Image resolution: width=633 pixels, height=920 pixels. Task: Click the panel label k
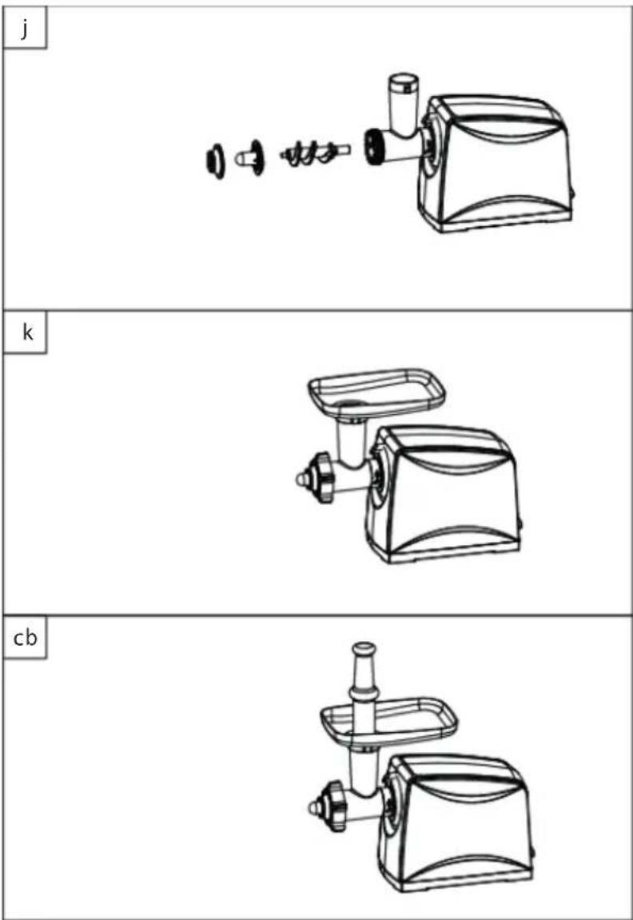(27, 333)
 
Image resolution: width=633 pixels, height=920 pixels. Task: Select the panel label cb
(26, 638)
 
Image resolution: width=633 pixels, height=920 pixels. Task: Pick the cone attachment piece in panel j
(250, 157)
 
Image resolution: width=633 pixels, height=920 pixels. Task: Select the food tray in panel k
(376, 389)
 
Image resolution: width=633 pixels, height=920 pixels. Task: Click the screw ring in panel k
(322, 478)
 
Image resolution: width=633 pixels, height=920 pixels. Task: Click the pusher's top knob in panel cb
(363, 649)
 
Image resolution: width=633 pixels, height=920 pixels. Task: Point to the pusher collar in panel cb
(363, 691)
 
